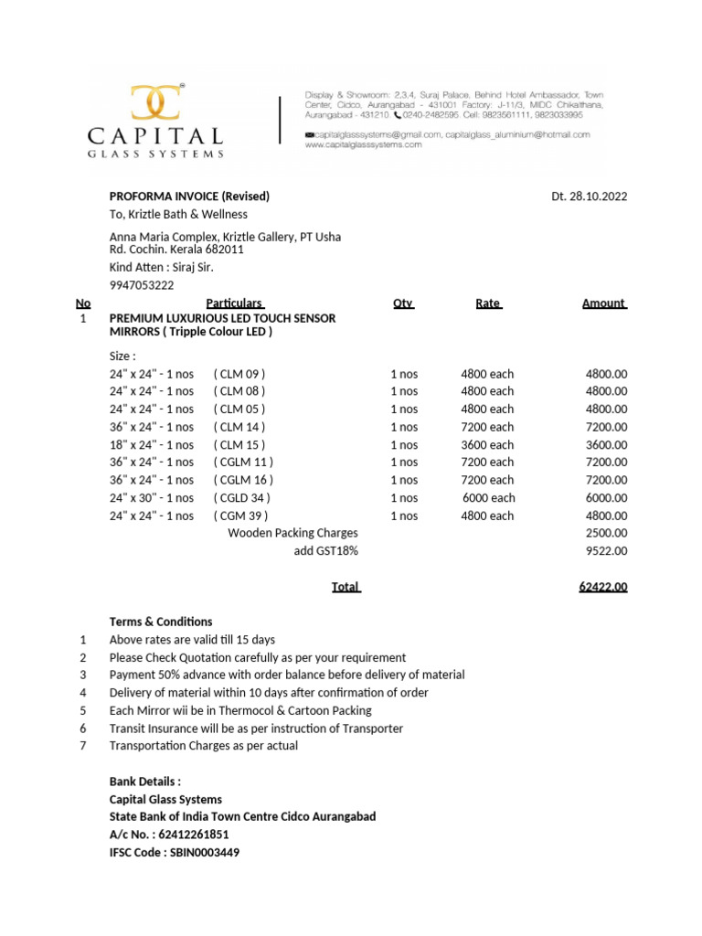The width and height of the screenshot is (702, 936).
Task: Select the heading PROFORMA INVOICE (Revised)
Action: tap(189, 197)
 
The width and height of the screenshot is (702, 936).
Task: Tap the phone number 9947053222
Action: tap(142, 285)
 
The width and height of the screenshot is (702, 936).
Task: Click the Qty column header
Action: tap(402, 303)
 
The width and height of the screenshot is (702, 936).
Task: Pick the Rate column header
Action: tap(488, 303)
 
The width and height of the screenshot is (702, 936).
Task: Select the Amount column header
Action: tap(604, 303)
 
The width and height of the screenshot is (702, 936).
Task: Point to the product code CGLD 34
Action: tap(242, 498)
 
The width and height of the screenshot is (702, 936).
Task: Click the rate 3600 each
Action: tap(487, 445)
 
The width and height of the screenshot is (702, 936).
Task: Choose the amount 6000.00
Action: tap(606, 498)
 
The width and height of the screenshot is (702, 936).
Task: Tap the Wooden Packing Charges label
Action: tap(292, 533)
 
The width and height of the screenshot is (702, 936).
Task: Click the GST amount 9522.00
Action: tap(606, 551)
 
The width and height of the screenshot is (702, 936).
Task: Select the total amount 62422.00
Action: tap(602, 587)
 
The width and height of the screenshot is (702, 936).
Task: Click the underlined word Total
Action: tap(346, 587)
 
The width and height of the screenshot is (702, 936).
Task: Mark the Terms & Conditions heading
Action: tap(161, 622)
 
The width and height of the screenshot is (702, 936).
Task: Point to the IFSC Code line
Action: tap(175, 852)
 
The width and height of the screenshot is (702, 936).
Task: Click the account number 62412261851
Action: tap(194, 834)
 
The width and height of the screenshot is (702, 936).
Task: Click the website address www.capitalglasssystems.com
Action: tap(363, 144)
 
